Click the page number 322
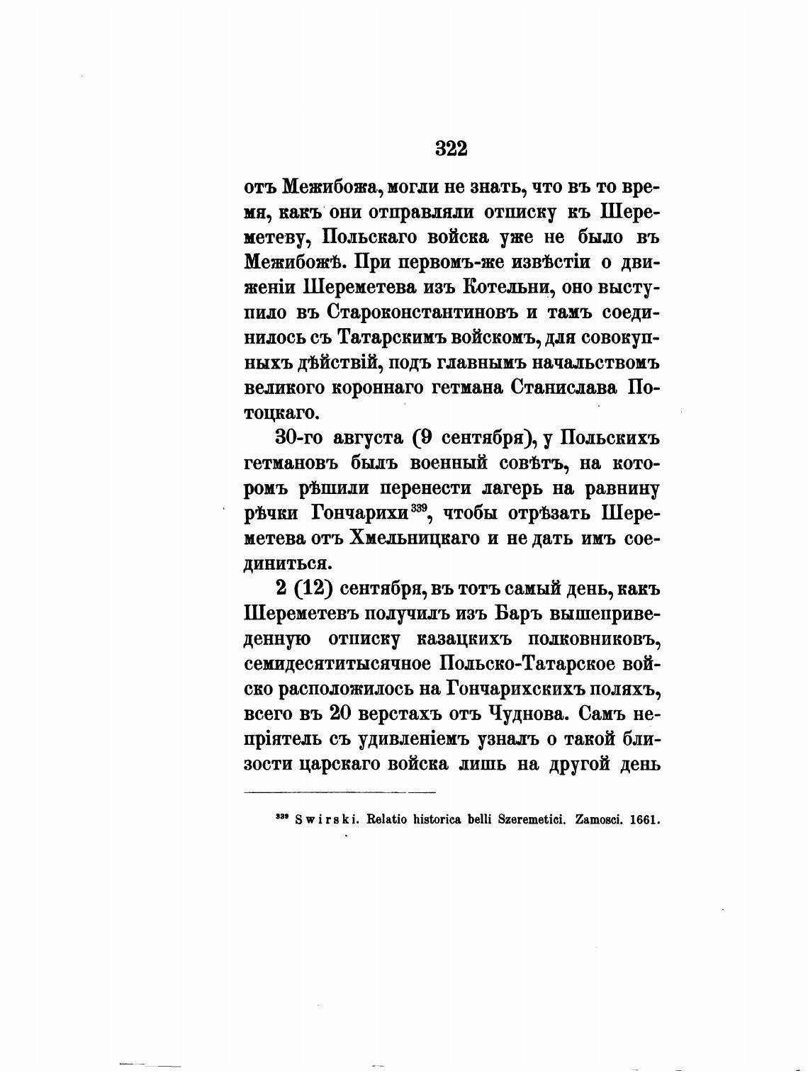[451, 149]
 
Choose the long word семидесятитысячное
[338, 665]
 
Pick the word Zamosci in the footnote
[599, 820]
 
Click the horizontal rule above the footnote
[340, 792]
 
